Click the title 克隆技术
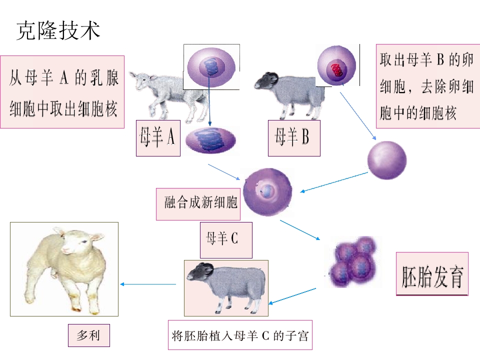point(58,30)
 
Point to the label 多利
point(89,335)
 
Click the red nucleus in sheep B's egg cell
point(337,70)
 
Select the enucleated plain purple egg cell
point(387,160)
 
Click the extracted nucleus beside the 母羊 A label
point(210,140)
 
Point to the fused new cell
point(267,192)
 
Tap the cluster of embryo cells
point(353,262)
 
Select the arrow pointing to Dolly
point(148,284)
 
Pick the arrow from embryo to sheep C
point(292,295)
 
